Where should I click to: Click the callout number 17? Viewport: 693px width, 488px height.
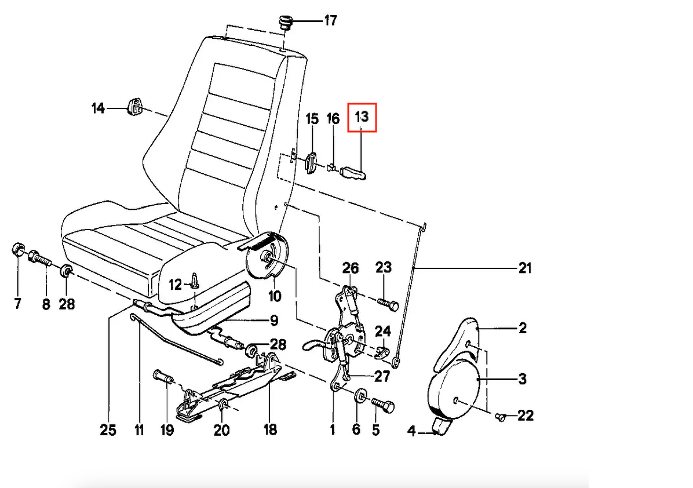coord(330,21)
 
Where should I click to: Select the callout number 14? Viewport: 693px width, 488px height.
coord(99,108)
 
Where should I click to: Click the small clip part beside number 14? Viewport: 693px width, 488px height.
coord(136,107)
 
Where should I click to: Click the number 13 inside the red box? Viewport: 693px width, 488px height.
coord(362,116)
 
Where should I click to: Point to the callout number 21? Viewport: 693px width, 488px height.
coord(524,268)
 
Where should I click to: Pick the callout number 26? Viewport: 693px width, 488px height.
coord(351,268)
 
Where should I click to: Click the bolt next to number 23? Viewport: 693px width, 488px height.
coord(389,303)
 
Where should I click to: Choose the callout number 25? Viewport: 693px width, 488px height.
coord(108,429)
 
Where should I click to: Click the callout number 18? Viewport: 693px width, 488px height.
coord(269,429)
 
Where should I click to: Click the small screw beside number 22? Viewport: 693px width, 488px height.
coord(502,416)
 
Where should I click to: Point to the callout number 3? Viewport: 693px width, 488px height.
coord(522,380)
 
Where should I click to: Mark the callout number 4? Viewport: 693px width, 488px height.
coord(411,431)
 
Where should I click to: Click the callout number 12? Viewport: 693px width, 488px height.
coord(176,285)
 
